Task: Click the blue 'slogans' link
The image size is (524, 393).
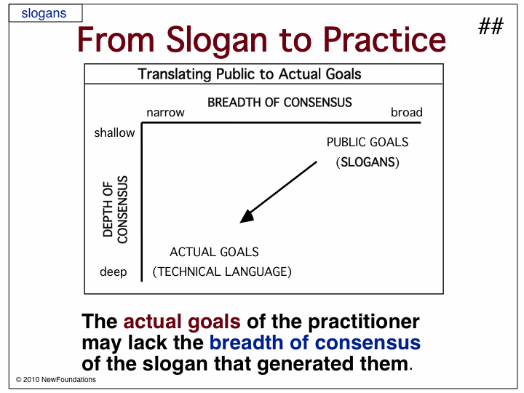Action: [44, 13]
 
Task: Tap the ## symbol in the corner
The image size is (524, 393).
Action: [491, 26]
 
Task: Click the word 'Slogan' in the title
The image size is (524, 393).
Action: [217, 40]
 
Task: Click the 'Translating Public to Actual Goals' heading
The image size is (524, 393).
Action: [250, 74]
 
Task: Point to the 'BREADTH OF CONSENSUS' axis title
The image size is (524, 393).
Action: [279, 103]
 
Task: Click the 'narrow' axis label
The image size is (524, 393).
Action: [165, 113]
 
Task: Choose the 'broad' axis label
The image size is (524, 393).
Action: [407, 112]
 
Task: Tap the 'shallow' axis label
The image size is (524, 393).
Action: [115, 132]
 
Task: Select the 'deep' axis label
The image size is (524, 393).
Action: [114, 271]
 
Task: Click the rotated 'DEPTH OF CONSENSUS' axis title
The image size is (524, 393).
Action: [115, 210]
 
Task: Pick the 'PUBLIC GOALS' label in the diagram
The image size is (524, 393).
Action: [368, 142]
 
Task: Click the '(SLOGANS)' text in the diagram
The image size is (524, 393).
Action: [368, 162]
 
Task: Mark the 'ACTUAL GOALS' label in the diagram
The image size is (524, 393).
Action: [214, 252]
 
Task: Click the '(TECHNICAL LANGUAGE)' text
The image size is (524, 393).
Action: [222, 271]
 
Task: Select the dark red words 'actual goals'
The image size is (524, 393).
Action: [182, 322]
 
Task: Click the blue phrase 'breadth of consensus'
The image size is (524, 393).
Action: [315, 343]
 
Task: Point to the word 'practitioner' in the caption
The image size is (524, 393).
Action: [364, 322]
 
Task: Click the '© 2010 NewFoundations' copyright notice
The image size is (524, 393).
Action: [56, 380]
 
